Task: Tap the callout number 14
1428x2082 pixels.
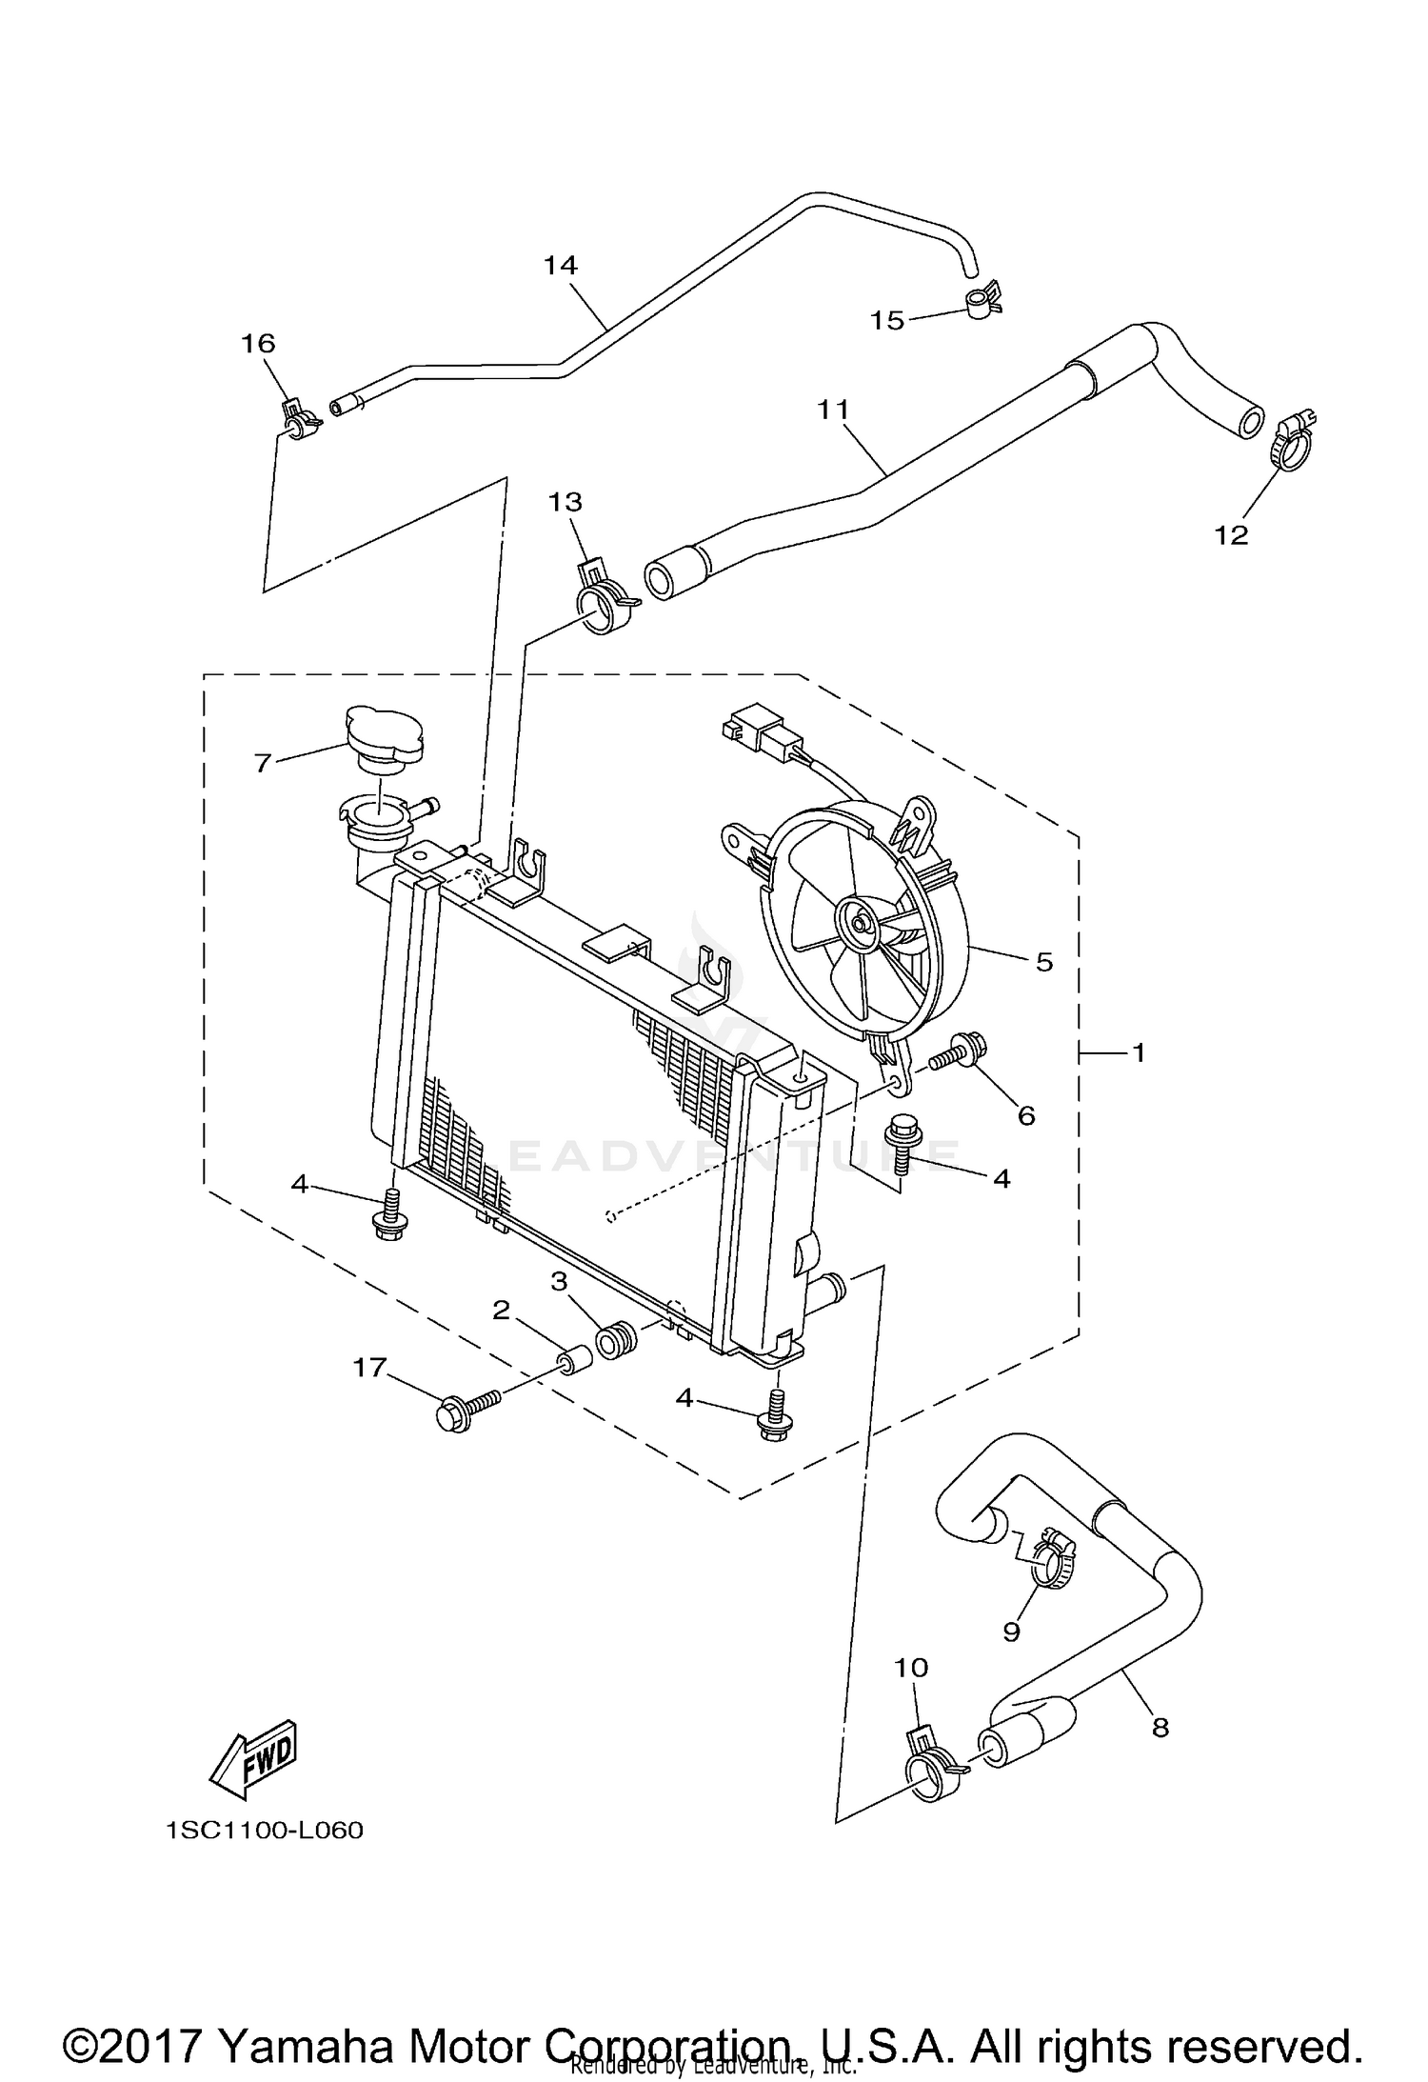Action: tap(561, 265)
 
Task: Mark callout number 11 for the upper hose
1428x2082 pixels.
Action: tap(833, 410)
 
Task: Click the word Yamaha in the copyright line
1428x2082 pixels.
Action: tap(306, 2041)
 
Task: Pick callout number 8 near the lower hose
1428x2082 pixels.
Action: tap(1160, 1727)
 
